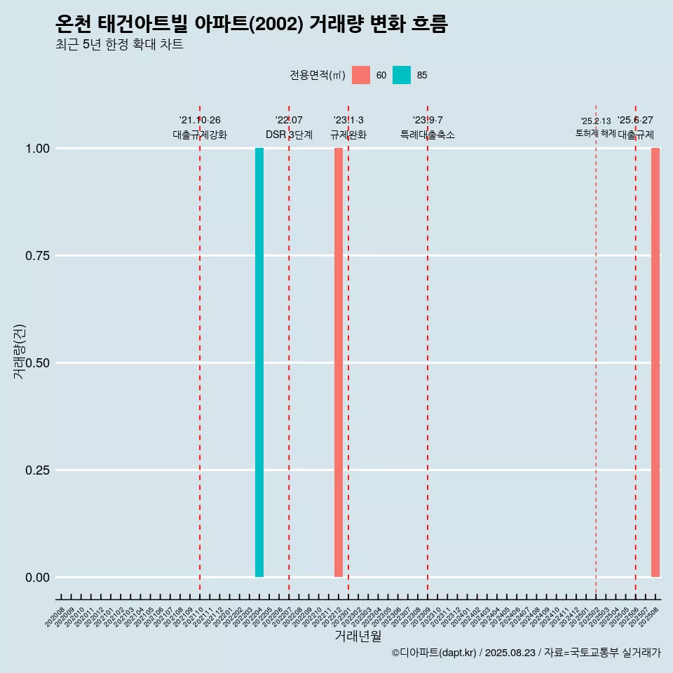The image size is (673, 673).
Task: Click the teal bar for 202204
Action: click(x=259, y=362)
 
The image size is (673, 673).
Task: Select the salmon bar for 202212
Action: click(x=339, y=362)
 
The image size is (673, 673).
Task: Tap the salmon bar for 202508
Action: click(x=655, y=362)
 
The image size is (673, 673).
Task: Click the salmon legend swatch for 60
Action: click(x=361, y=75)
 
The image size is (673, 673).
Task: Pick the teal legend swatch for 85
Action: click(x=402, y=75)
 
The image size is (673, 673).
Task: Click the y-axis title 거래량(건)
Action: click(x=19, y=351)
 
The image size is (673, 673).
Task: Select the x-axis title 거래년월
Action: click(x=358, y=636)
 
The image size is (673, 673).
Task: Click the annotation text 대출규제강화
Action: click(x=200, y=135)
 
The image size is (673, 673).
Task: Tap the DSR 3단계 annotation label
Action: click(x=289, y=135)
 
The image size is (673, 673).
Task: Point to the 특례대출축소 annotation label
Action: click(x=428, y=135)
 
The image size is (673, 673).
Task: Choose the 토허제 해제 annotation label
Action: click(x=596, y=133)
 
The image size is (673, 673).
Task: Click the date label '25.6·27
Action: click(x=635, y=121)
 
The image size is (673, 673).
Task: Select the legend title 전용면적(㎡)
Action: click(x=318, y=75)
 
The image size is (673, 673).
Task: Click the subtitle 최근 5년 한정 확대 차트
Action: click(x=119, y=45)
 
